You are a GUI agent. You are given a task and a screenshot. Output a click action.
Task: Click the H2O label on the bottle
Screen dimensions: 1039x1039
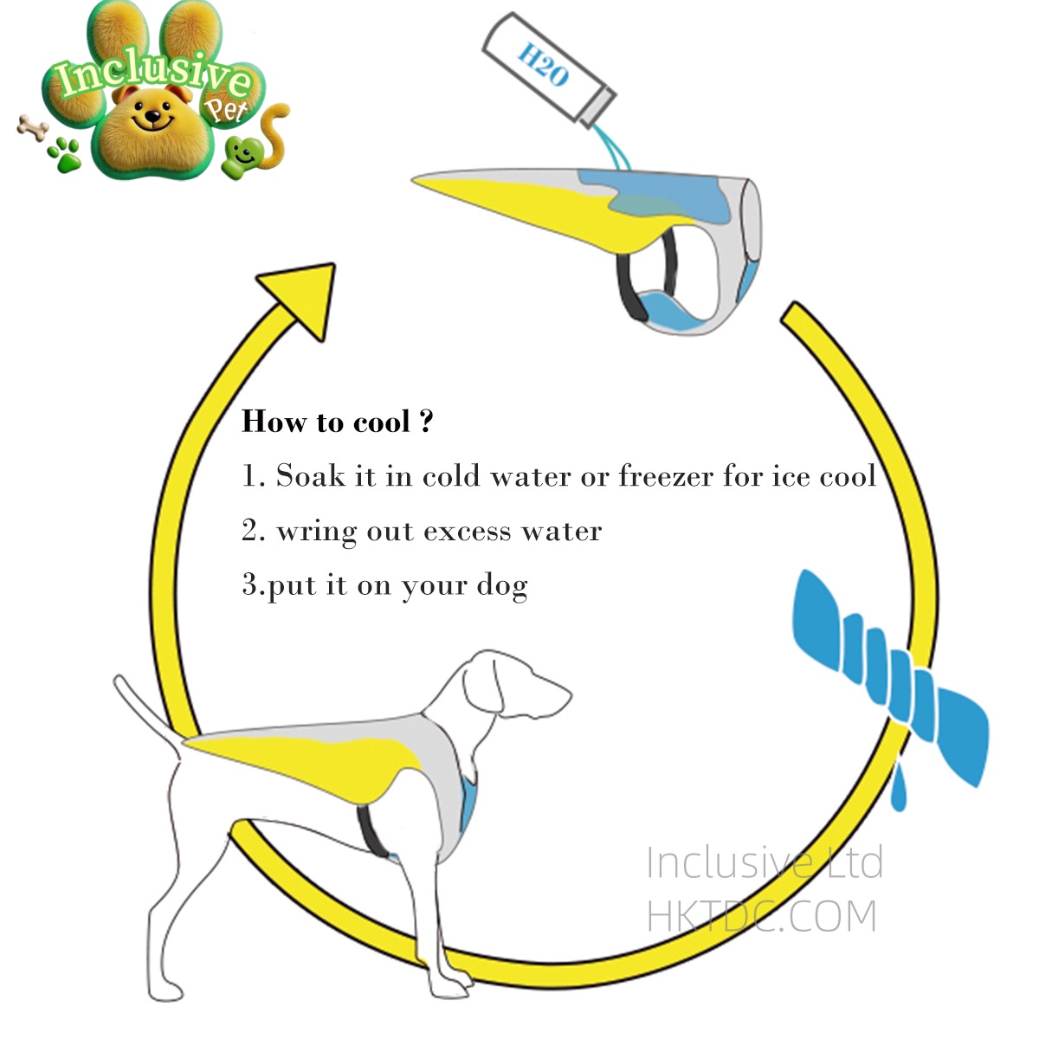pos(543,64)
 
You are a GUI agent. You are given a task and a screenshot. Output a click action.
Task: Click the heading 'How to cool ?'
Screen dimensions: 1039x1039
pos(337,421)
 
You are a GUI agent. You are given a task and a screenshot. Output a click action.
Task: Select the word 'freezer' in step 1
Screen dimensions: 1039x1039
pos(665,475)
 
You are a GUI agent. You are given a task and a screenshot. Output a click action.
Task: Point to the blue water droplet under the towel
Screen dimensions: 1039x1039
pos(898,788)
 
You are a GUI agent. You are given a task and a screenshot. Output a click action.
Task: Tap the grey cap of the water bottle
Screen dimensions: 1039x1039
pos(598,109)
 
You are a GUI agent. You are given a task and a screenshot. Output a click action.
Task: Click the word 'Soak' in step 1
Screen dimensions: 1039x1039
pos(311,475)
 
